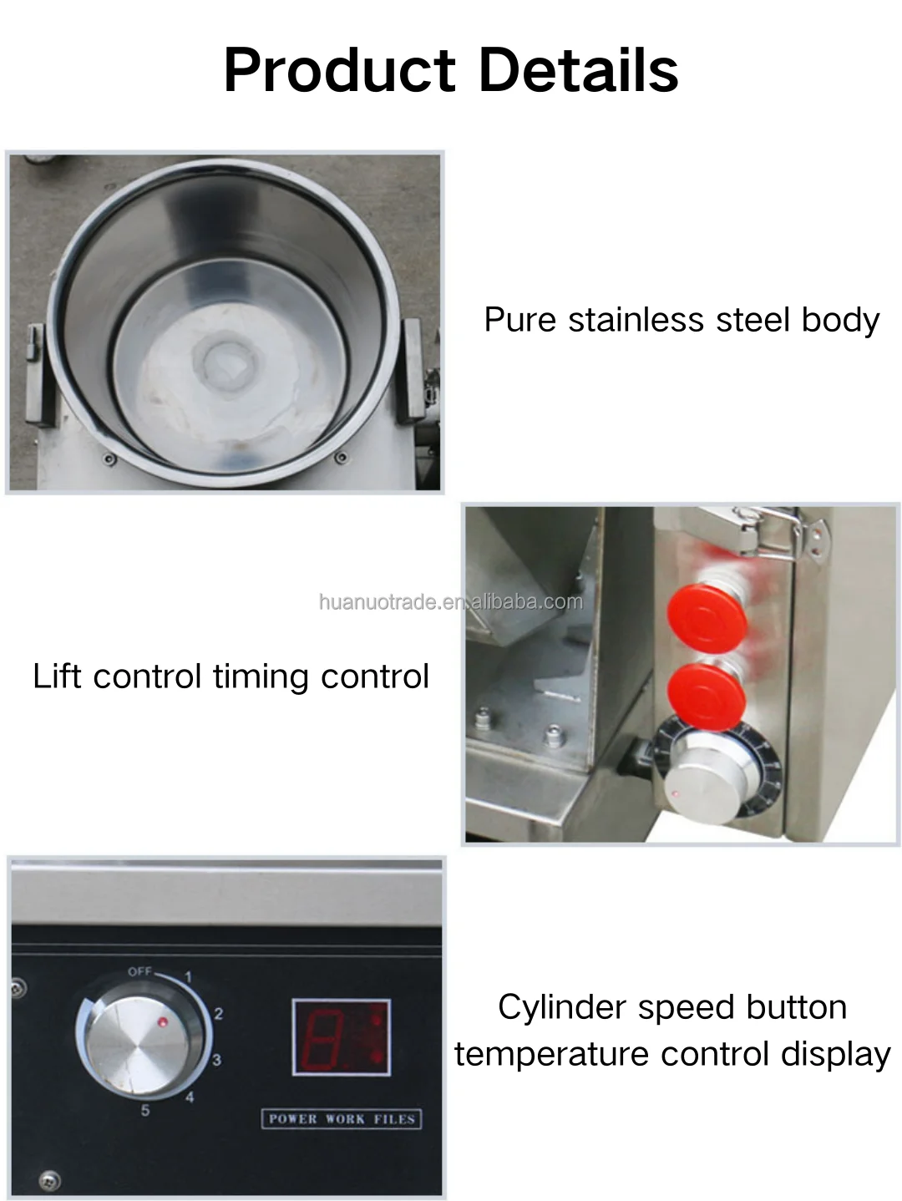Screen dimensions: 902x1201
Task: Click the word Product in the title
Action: pyautogui.click(x=340, y=71)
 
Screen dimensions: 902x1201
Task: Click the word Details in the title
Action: pyautogui.click(x=579, y=70)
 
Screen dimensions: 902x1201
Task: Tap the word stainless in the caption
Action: pyautogui.click(x=636, y=320)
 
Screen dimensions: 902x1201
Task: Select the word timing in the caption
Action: pyautogui.click(x=261, y=677)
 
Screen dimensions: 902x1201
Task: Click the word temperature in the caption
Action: pyautogui.click(x=551, y=1055)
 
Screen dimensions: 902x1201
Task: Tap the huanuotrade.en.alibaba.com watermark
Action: pyautogui.click(x=451, y=602)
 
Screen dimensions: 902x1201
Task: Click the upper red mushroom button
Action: pyautogui.click(x=707, y=618)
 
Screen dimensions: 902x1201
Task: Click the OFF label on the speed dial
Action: pyautogui.click(x=139, y=972)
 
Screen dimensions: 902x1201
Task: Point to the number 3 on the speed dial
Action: pyautogui.click(x=216, y=1061)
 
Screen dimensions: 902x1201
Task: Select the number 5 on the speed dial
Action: pyautogui.click(x=145, y=1111)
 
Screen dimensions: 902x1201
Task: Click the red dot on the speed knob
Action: pyautogui.click(x=163, y=1021)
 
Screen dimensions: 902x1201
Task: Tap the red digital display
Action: pyautogui.click(x=342, y=1037)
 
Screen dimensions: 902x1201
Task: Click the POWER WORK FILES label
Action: pyautogui.click(x=342, y=1119)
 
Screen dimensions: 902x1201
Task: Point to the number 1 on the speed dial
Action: pyautogui.click(x=188, y=977)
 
